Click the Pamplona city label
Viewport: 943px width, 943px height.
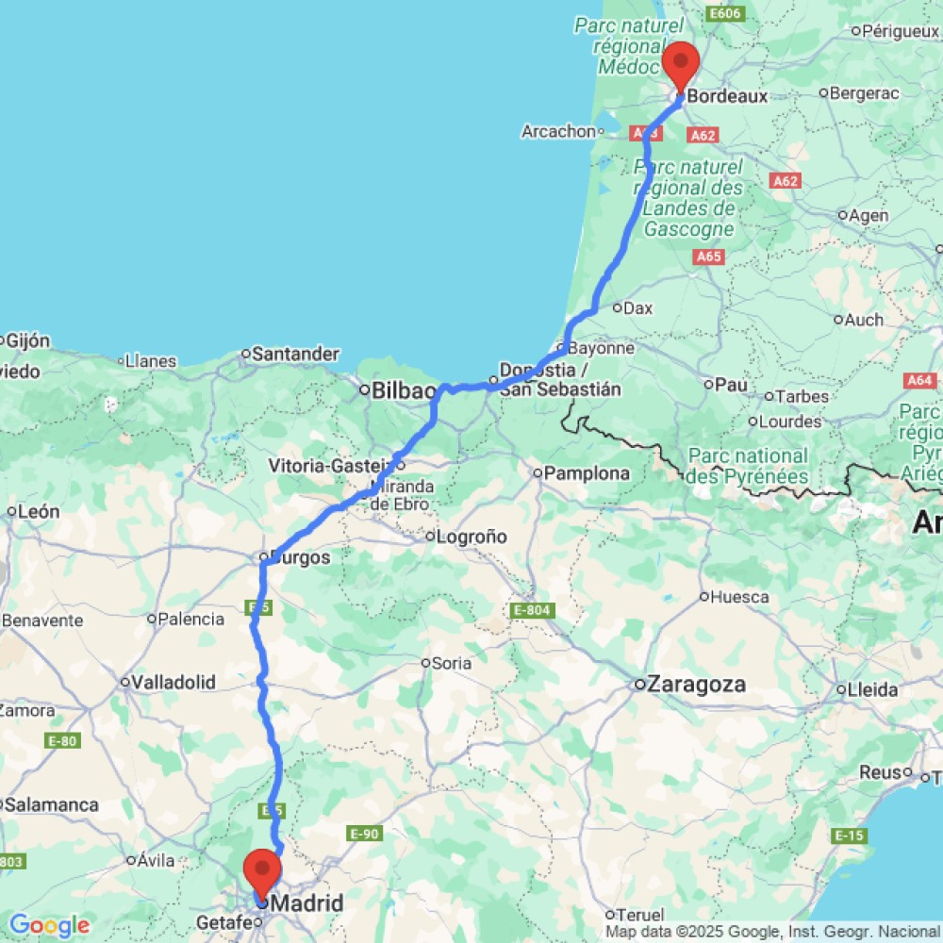coord(592,472)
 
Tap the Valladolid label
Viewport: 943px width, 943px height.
coord(174,682)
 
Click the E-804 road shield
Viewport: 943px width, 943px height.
coord(531,612)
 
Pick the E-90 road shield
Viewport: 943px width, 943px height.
coord(364,834)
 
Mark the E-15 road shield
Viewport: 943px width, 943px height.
coord(850,835)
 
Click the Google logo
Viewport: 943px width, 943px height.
coord(49,925)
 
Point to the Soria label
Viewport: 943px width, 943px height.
coord(452,663)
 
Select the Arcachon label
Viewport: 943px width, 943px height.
coord(558,131)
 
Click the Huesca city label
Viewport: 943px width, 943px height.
coord(739,596)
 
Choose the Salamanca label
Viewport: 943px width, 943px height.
coord(52,804)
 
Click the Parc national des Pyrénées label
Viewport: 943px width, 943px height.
coord(748,466)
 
